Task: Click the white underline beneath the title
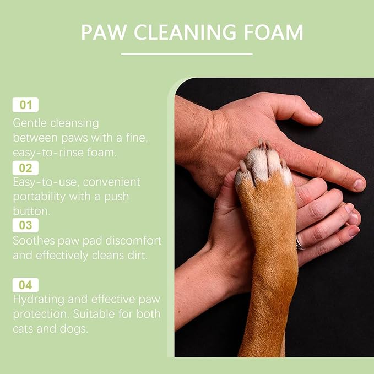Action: (187, 54)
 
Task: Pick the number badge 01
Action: (25, 105)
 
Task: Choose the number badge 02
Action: (25, 168)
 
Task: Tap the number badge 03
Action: (25, 225)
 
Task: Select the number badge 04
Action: (25, 285)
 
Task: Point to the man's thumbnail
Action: (315, 115)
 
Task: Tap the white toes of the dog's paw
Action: (263, 164)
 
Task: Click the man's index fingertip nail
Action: (359, 185)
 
